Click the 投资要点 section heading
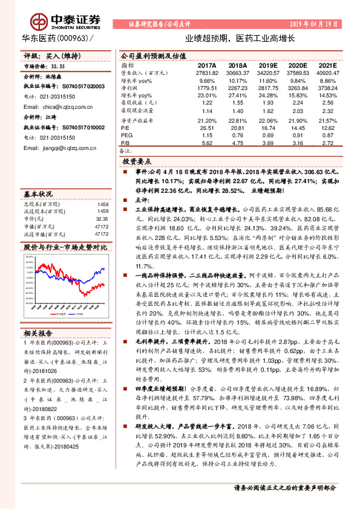[137, 162]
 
